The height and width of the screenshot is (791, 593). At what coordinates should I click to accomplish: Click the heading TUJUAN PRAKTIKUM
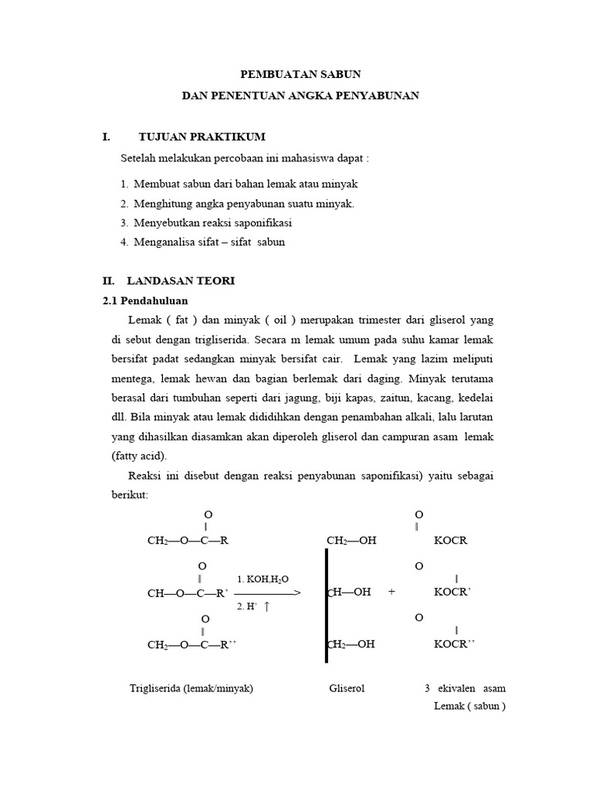point(202,137)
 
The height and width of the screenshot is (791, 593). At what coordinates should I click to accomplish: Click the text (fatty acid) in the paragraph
point(138,456)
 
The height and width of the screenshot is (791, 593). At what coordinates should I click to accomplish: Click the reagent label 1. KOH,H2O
point(263,579)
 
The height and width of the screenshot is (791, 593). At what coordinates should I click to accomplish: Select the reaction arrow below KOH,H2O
point(267,593)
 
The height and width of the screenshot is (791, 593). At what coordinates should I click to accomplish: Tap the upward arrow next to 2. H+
point(267,607)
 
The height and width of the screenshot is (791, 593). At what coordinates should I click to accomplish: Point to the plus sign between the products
point(392,592)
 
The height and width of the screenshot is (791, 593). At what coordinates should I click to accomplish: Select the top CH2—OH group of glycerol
point(352,541)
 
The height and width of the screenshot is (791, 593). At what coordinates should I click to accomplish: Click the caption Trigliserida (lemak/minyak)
point(191,688)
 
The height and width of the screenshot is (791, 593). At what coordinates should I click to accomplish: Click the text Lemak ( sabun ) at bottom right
point(469,705)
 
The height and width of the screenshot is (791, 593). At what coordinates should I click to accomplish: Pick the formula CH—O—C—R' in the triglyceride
point(188,593)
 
